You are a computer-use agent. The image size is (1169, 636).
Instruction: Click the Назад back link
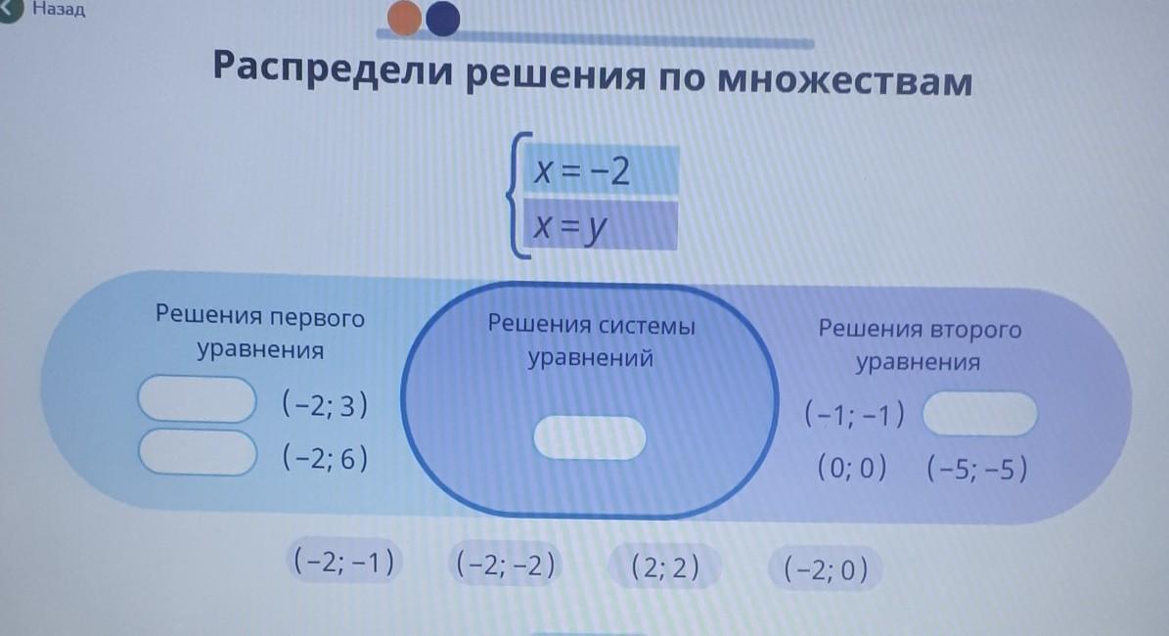pyautogui.click(x=58, y=9)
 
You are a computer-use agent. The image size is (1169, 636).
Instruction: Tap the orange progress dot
pyautogui.click(x=405, y=18)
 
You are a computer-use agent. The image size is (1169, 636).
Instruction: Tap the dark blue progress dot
pyautogui.click(x=443, y=18)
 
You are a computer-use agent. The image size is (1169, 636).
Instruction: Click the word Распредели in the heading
pyautogui.click(x=333, y=68)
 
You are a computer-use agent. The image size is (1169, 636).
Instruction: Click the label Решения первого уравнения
pyautogui.click(x=260, y=333)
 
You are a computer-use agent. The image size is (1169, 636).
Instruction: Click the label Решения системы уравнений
pyautogui.click(x=591, y=341)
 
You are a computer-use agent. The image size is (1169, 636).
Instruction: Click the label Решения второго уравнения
pyautogui.click(x=920, y=345)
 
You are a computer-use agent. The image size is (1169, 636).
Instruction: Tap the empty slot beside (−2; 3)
pyautogui.click(x=198, y=399)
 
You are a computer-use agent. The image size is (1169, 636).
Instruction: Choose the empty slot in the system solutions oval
pyautogui.click(x=590, y=437)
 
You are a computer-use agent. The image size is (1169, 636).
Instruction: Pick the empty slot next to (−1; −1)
pyautogui.click(x=979, y=414)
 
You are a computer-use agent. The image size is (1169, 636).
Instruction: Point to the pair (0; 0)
pyautogui.click(x=852, y=469)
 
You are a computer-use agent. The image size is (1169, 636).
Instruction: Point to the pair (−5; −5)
pyautogui.click(x=976, y=469)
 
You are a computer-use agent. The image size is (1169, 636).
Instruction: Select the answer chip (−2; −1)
pyautogui.click(x=343, y=561)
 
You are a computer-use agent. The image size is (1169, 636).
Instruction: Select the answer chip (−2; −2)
pyautogui.click(x=506, y=565)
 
